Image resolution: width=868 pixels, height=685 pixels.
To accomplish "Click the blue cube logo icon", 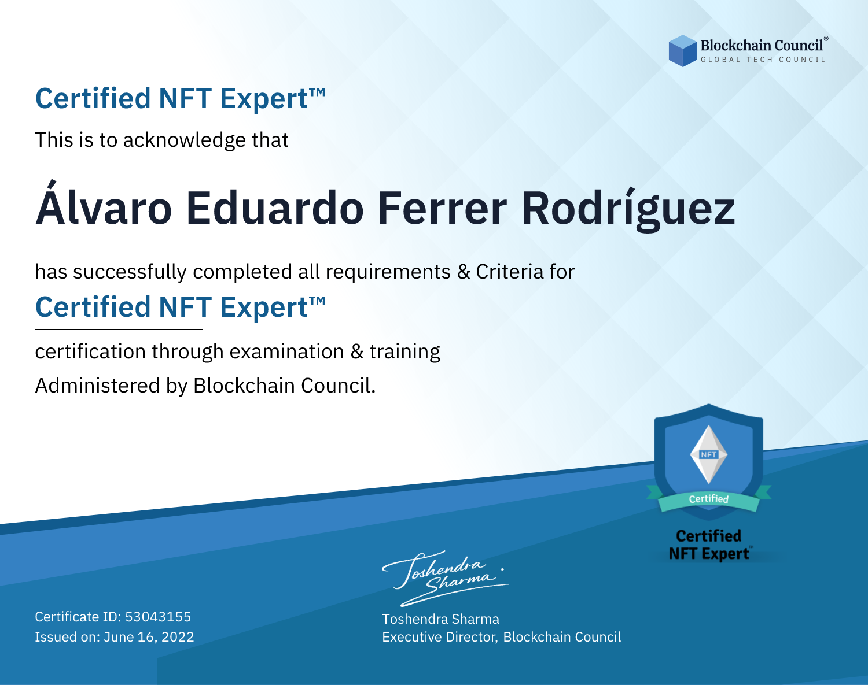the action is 682,51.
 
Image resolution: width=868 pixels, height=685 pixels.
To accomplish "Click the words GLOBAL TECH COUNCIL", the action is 763,60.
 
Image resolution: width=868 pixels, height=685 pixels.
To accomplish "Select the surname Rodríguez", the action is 628,209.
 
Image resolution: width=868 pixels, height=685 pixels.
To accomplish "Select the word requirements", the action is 388,272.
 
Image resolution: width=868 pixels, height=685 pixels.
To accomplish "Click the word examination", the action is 286,351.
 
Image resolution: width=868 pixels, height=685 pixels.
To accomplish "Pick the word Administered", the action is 97,386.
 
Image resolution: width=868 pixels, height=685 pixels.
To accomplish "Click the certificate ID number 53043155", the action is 158,616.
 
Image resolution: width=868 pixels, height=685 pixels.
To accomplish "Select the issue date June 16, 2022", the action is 149,637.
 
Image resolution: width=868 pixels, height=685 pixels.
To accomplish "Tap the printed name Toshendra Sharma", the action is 440,619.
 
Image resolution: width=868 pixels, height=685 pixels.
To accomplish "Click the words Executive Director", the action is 439,638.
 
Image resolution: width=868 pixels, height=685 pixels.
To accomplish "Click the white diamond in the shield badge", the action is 709,454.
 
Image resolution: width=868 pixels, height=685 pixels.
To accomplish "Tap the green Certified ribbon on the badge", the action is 709,499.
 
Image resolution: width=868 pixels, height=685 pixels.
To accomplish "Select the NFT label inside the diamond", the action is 709,454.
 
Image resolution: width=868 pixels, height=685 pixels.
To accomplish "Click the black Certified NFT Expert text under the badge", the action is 709,545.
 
